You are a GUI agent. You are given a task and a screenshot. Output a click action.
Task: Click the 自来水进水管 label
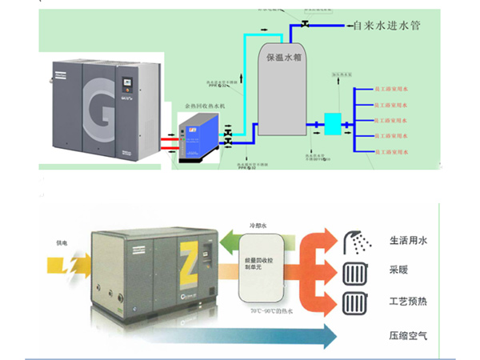tap(386, 26)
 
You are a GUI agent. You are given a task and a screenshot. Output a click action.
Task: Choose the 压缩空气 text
tap(406, 335)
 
